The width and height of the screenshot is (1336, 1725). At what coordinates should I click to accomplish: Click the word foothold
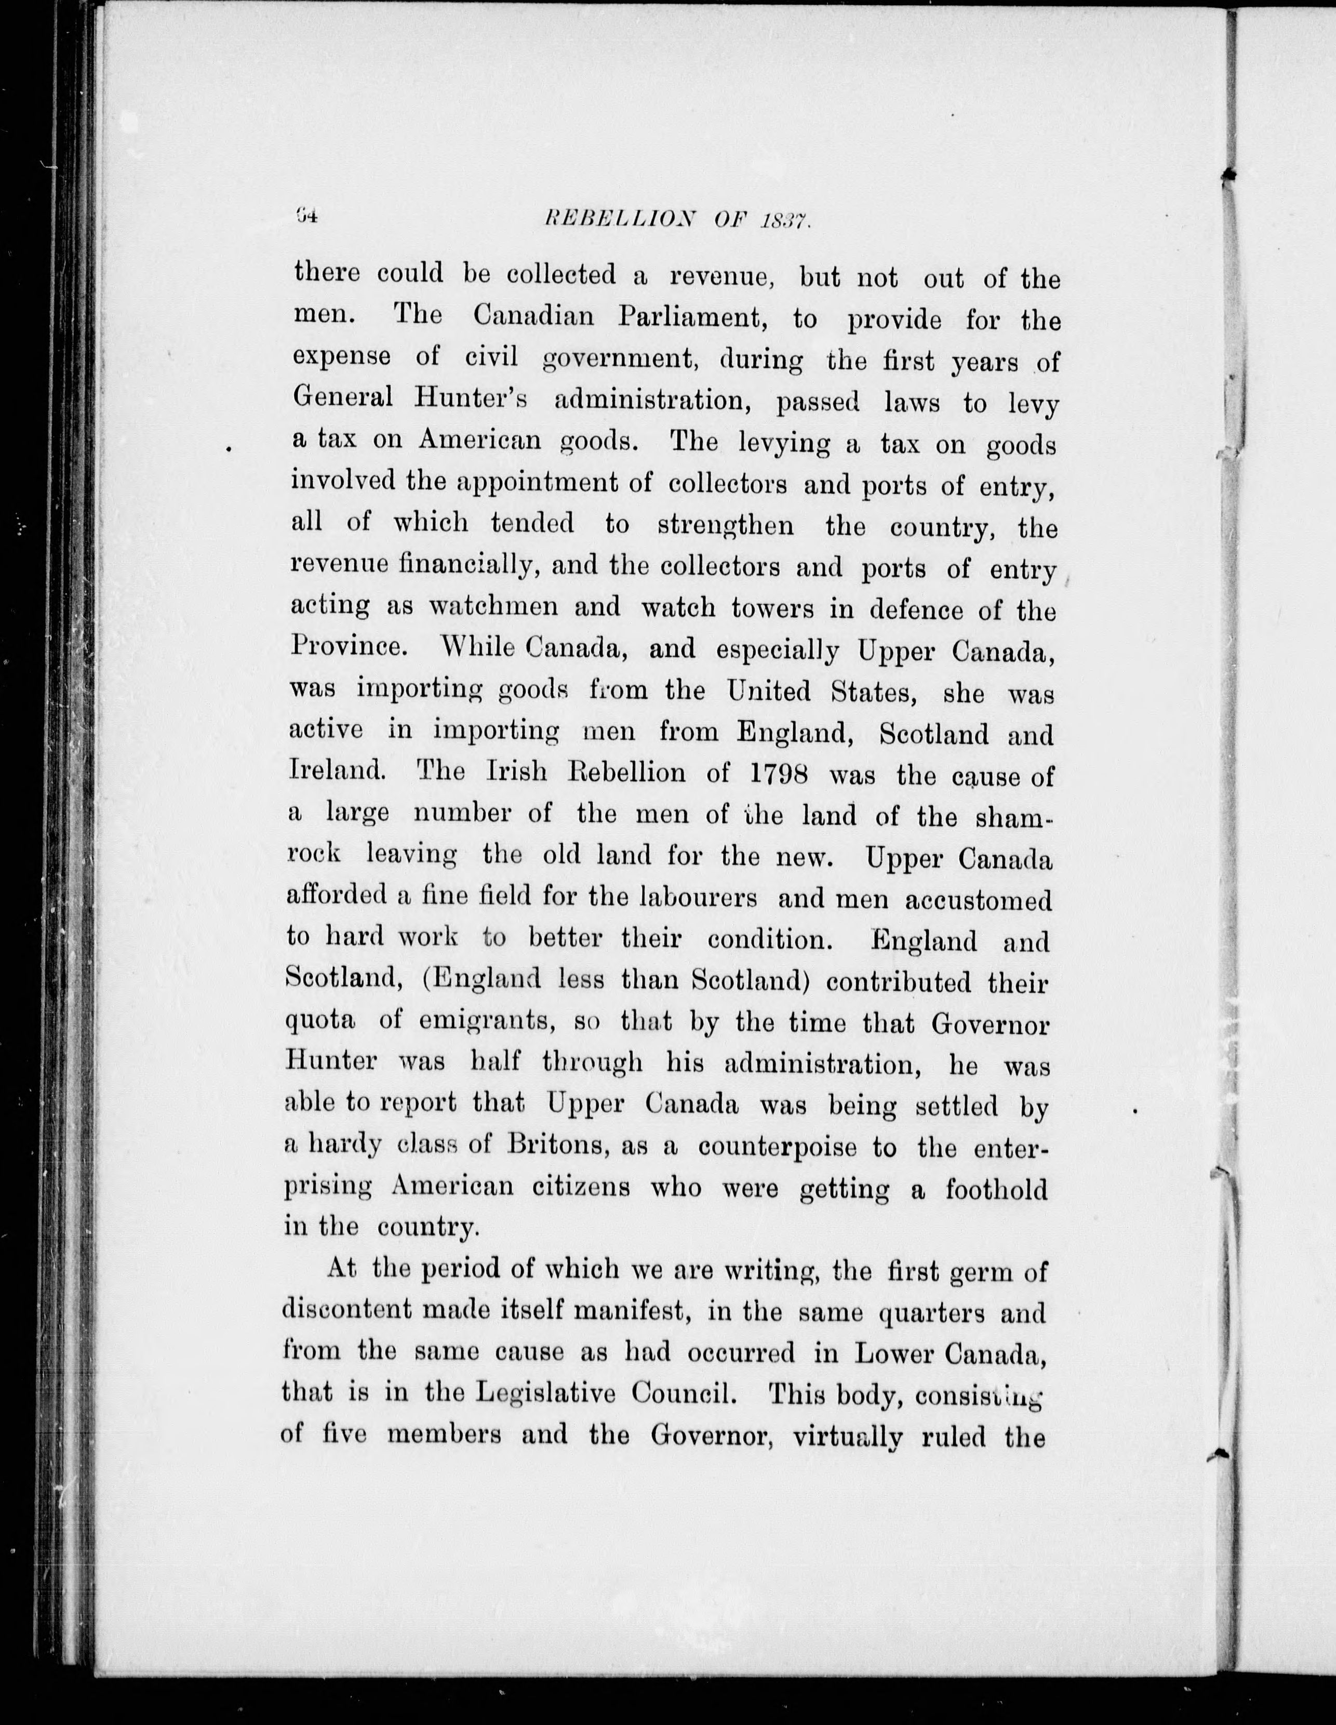(996, 1189)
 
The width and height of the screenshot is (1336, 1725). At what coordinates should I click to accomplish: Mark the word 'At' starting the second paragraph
(341, 1268)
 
